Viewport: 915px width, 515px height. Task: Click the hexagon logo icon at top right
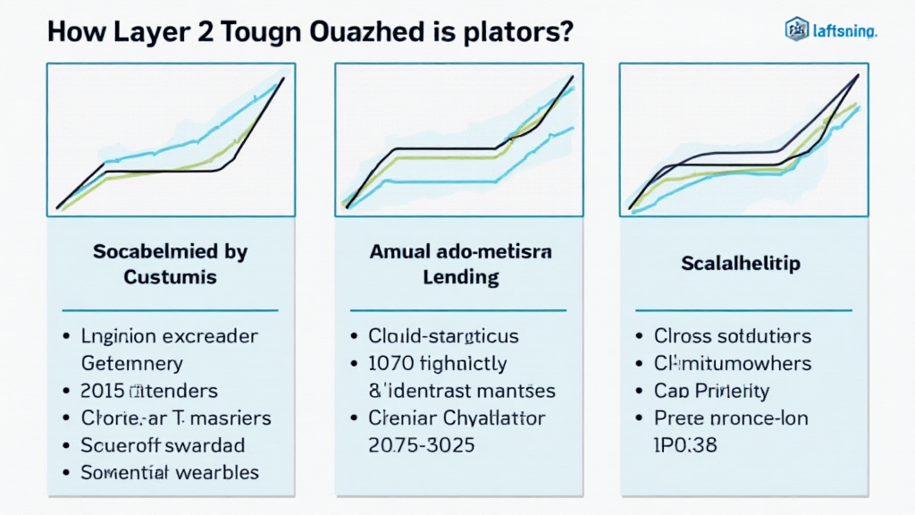point(796,30)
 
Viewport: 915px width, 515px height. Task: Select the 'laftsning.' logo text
point(845,31)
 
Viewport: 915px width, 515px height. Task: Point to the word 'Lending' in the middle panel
point(460,277)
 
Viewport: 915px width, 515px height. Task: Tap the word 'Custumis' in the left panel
point(170,277)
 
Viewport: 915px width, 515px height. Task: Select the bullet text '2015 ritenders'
point(148,391)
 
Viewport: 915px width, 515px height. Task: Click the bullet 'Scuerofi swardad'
point(163,444)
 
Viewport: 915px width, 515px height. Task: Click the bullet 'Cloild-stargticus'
point(443,337)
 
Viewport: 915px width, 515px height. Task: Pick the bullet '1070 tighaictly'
point(438,364)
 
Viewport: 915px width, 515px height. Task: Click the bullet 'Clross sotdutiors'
point(733,337)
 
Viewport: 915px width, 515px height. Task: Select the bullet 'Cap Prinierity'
point(712,391)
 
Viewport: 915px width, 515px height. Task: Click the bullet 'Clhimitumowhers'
point(733,364)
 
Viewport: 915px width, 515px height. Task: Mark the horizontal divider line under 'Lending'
point(457,310)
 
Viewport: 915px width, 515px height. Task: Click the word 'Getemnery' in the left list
point(131,364)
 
